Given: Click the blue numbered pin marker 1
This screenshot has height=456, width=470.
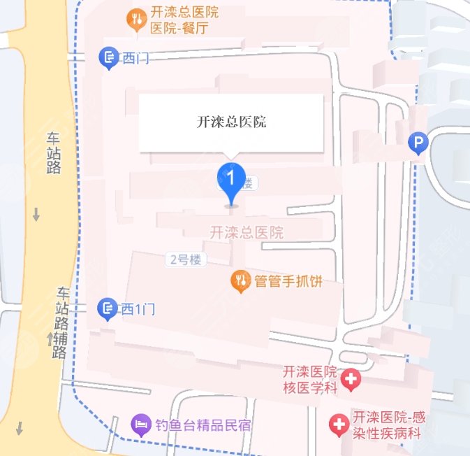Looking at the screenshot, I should pyautogui.click(x=231, y=178).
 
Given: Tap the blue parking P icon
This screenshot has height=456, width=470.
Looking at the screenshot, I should pyautogui.click(x=418, y=144).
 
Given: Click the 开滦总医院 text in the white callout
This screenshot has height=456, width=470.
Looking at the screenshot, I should pyautogui.click(x=231, y=122).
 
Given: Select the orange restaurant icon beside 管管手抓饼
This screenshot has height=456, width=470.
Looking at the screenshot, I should pyautogui.click(x=241, y=282).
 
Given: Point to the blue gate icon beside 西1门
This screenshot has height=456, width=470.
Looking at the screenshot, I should pyautogui.click(x=107, y=308).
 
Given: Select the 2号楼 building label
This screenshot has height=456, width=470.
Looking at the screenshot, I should pyautogui.click(x=186, y=259).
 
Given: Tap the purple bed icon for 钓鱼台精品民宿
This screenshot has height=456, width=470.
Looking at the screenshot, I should pyautogui.click(x=142, y=424).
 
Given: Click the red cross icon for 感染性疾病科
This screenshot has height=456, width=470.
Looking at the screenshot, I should pyautogui.click(x=339, y=424).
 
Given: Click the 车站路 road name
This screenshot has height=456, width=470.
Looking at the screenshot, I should pyautogui.click(x=54, y=152).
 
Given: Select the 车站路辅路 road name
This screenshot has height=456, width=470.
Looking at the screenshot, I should pyautogui.click(x=62, y=322).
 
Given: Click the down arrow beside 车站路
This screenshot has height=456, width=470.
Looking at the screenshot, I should pyautogui.click(x=36, y=215).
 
